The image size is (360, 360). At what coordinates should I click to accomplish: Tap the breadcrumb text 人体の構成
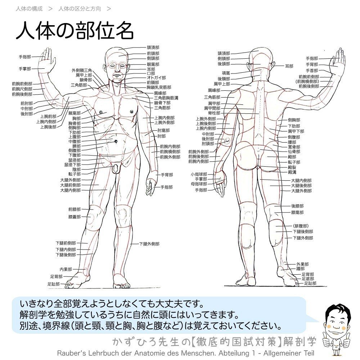(29, 8)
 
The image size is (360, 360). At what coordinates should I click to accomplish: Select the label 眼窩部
(153, 64)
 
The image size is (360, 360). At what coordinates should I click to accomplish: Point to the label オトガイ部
(156, 77)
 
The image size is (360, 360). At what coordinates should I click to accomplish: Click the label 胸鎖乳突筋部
(159, 87)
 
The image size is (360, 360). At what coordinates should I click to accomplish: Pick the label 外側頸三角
(82, 70)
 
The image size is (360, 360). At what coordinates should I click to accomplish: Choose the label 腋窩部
(75, 113)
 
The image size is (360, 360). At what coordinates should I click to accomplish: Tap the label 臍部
(77, 146)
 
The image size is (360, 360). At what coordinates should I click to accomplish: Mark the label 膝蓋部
(75, 217)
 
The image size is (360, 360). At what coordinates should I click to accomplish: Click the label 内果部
(66, 269)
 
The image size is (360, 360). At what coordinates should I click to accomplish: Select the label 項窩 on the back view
(226, 73)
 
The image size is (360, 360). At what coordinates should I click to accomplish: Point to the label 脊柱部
(214, 113)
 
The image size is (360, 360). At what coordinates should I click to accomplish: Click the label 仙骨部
(294, 152)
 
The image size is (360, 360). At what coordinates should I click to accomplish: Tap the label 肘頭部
(208, 144)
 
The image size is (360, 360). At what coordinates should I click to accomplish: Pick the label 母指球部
(199, 184)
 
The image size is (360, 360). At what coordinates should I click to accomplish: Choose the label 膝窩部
(297, 212)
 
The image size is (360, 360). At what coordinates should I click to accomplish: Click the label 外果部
(302, 264)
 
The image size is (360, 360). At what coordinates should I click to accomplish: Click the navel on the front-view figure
(116, 141)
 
